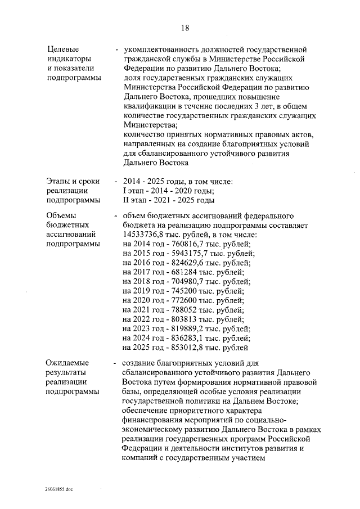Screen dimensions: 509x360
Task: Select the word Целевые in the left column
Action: pos(63,48)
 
